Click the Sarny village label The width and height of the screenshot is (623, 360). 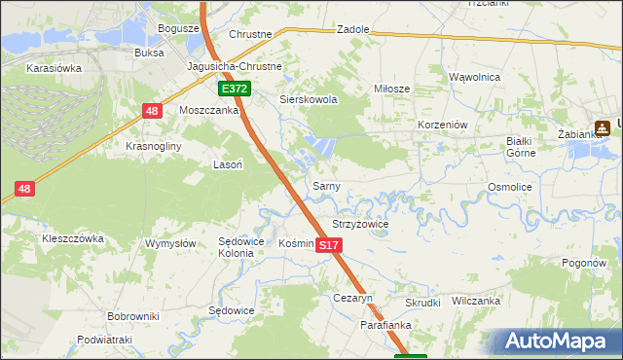pos(325,185)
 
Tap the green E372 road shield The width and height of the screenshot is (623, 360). pos(235,89)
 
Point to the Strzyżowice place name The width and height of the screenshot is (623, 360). pos(360,224)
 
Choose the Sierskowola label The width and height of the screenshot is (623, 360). pos(309,99)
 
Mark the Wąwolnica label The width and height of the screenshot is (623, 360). pos(474,76)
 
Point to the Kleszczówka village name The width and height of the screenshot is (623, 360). pos(72,237)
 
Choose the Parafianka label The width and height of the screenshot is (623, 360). pos(388,325)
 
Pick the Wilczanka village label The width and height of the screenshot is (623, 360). pos(475,302)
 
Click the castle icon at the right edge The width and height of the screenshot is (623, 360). pos(604,126)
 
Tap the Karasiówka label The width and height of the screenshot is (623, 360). pos(55,69)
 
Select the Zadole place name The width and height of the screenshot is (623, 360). pos(352,29)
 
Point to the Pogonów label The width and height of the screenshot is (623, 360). pos(585,263)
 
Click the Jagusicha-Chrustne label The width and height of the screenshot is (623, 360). pos(235,67)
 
